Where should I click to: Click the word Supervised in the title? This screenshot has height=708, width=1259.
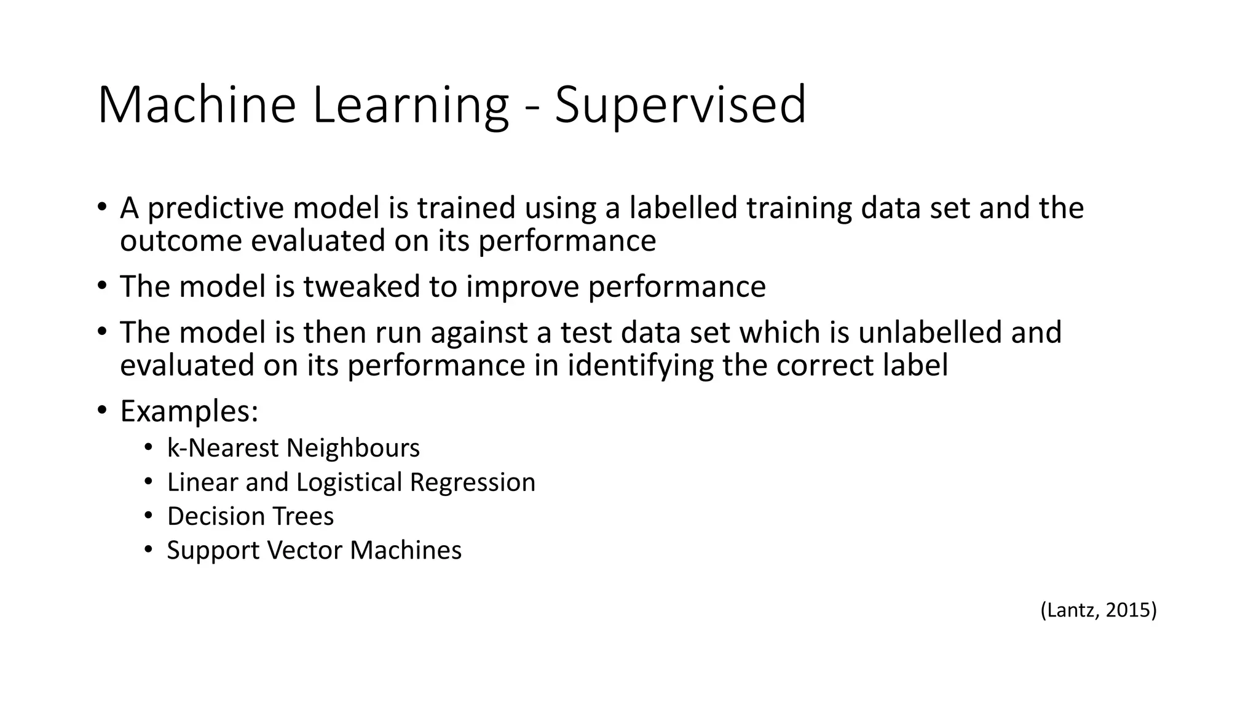(680, 106)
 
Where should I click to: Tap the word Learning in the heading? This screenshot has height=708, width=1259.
(410, 106)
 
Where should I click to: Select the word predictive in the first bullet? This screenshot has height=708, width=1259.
(215, 208)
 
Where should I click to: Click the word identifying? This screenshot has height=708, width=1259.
(640, 365)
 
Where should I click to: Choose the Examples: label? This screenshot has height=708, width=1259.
(189, 411)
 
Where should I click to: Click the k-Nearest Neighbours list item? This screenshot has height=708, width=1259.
(293, 448)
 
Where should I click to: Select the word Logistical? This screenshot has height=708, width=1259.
(349, 482)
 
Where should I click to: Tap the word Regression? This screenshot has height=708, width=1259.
(473, 482)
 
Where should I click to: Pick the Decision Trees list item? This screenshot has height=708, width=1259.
(250, 516)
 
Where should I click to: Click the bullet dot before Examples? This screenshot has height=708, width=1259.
(101, 409)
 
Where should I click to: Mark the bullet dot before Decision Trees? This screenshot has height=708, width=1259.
(148, 515)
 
